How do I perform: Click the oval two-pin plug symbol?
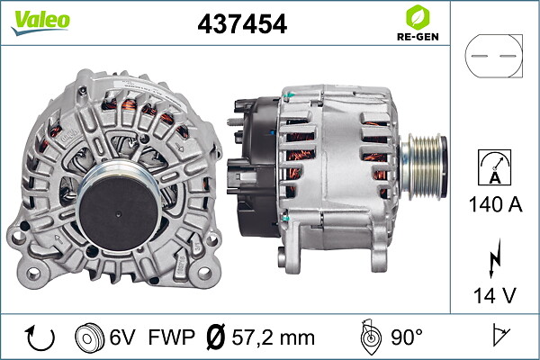493,57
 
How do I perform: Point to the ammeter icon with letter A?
493,168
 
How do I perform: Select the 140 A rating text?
493,205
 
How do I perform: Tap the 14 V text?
493,295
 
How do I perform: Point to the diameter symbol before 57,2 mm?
217,337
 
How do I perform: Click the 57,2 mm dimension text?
272,337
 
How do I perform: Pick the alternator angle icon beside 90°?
368,337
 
